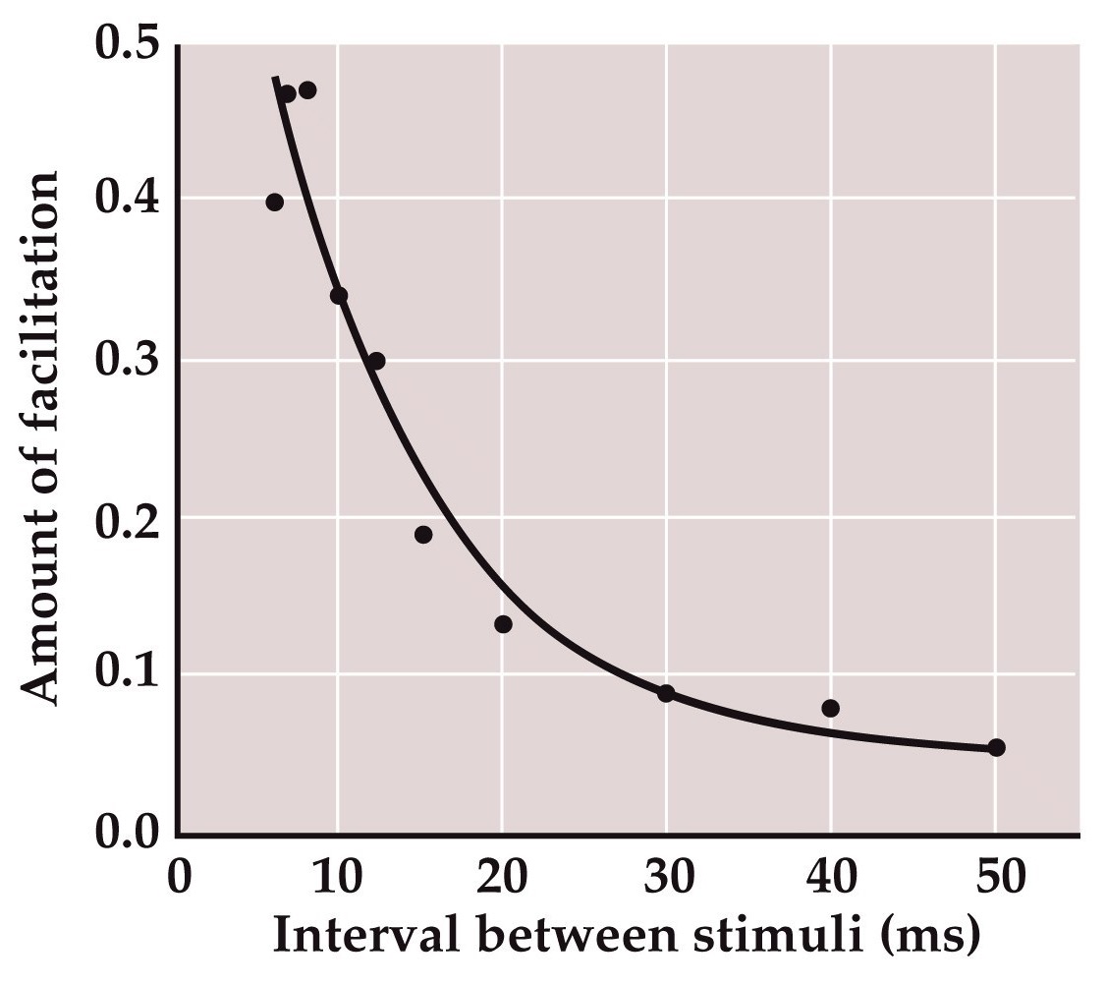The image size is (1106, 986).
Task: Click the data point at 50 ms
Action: click(x=996, y=747)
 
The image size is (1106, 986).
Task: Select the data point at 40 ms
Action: click(x=830, y=708)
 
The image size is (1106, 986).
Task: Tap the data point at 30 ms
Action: click(x=666, y=693)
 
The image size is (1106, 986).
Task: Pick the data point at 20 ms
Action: click(x=503, y=624)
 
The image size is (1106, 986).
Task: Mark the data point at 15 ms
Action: click(x=423, y=535)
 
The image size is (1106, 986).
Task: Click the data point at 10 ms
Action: click(x=339, y=296)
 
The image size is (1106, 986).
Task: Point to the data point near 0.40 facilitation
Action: click(x=274, y=203)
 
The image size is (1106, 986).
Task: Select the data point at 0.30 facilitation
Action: click(x=376, y=361)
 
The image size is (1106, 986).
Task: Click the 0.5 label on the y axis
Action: click(x=129, y=46)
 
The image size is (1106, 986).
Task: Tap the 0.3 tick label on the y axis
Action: click(x=129, y=361)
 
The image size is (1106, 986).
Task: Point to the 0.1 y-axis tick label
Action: click(x=129, y=675)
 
